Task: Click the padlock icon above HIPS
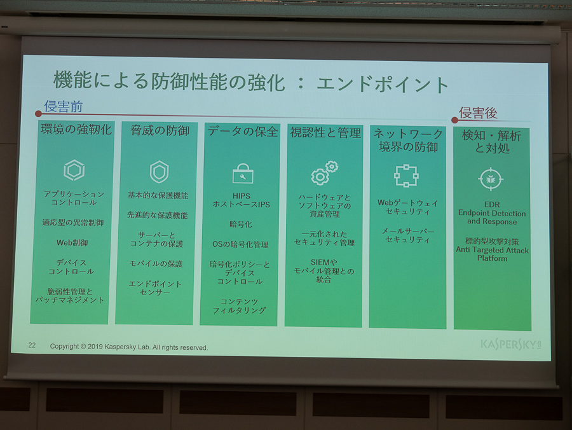point(243,174)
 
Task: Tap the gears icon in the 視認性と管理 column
point(324,173)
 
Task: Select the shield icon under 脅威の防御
point(159,172)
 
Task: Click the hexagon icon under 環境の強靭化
point(74,170)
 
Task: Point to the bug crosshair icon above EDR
point(491,179)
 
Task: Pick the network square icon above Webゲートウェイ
point(406,176)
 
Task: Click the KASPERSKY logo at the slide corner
point(511,344)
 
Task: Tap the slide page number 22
point(32,345)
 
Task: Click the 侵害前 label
point(64,106)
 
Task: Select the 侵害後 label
point(478,113)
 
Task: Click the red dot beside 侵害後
point(454,120)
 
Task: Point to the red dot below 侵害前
point(38,114)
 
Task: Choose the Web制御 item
point(72,242)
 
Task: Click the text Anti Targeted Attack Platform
point(492,254)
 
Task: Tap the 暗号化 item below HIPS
point(241,224)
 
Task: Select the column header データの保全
point(243,132)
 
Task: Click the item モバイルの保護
point(156,263)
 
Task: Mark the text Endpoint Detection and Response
point(492,217)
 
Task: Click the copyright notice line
point(129,347)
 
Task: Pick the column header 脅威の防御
point(160,130)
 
